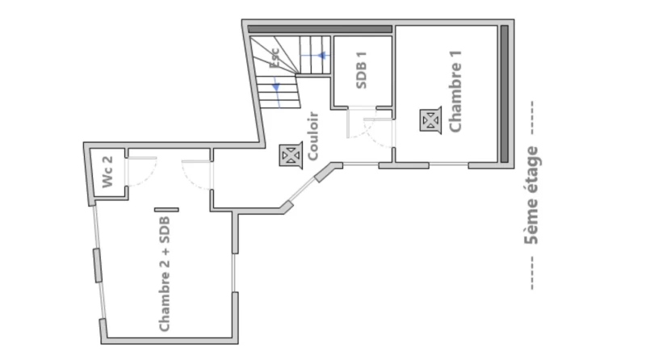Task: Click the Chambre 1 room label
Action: pyautogui.click(x=455, y=91)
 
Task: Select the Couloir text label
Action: pyautogui.click(x=313, y=136)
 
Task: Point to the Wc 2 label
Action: pyautogui.click(x=107, y=172)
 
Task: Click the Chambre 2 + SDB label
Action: pyautogui.click(x=165, y=274)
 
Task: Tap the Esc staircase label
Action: pyautogui.click(x=275, y=58)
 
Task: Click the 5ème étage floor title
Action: pyautogui.click(x=531, y=195)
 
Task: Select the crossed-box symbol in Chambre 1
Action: pyautogui.click(x=430, y=120)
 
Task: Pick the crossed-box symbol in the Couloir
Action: pyautogui.click(x=291, y=156)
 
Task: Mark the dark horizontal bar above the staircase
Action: pyautogui.click(x=320, y=29)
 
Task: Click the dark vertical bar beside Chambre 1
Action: pyautogui.click(x=504, y=94)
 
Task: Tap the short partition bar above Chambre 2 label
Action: pyautogui.click(x=166, y=210)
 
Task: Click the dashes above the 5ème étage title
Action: pyautogui.click(x=532, y=118)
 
